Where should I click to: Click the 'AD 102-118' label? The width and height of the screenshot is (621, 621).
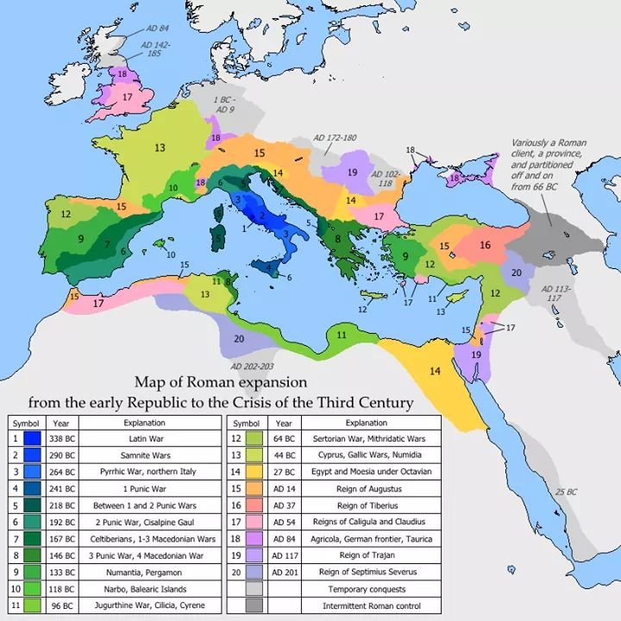(x=386, y=179)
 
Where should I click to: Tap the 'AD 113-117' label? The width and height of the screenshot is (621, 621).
(x=556, y=293)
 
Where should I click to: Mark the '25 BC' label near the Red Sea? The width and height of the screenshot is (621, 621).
(x=566, y=491)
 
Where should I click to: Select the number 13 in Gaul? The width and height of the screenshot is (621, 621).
(x=160, y=148)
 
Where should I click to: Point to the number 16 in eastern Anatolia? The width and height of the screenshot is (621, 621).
(x=485, y=245)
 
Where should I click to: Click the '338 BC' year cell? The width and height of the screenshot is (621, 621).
(x=61, y=439)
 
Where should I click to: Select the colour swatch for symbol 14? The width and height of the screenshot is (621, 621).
(x=254, y=472)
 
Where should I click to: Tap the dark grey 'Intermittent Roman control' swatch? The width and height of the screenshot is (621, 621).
(x=254, y=605)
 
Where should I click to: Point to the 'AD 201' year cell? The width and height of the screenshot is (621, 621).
(x=285, y=573)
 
